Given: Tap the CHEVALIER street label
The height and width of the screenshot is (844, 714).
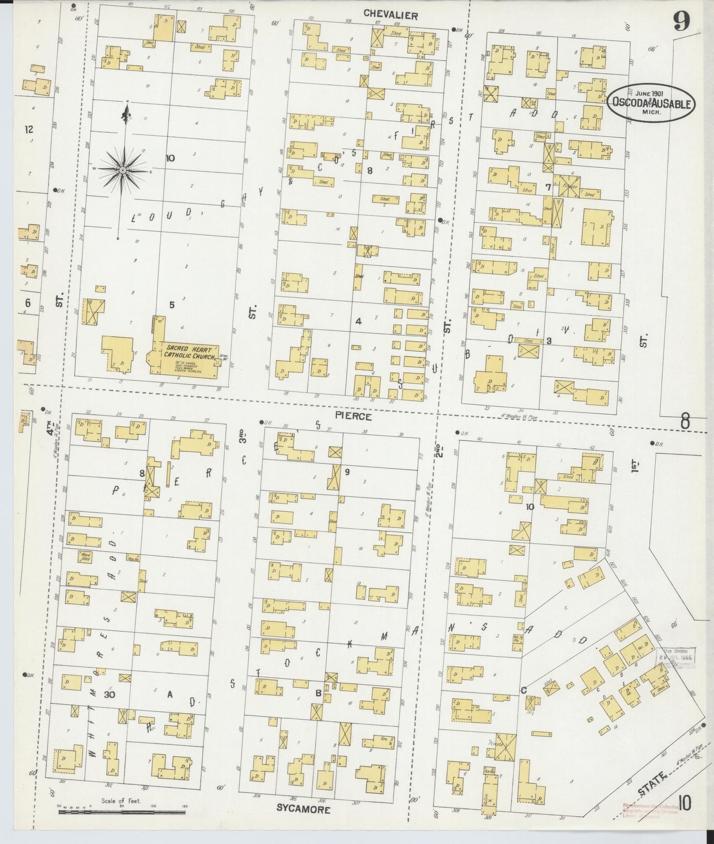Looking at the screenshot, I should (x=390, y=15).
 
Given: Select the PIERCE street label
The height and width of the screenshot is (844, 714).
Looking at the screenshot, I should (x=353, y=416).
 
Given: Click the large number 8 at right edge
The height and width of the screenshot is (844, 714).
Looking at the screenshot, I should (x=685, y=422).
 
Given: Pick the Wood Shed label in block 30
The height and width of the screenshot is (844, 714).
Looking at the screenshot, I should (x=85, y=556).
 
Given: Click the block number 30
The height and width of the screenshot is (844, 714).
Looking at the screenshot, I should (x=110, y=694).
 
